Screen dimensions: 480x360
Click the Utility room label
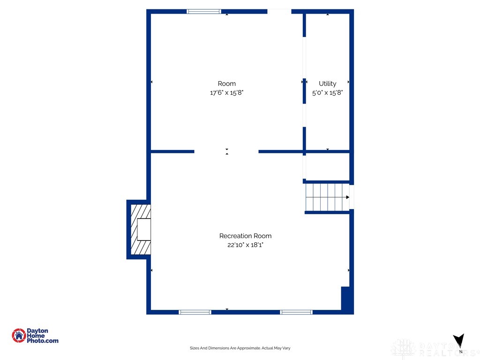(327, 83)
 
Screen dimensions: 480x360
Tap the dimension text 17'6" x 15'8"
(226, 92)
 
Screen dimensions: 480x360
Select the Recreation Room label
(245, 236)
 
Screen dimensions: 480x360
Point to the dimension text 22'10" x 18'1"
(245, 245)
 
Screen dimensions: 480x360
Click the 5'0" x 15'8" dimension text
(327, 92)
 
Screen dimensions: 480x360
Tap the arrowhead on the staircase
(347, 197)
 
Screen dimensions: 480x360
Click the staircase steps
(327, 197)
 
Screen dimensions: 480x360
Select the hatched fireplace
(141, 229)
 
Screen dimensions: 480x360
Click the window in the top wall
(203, 12)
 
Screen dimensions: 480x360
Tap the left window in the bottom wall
(195, 312)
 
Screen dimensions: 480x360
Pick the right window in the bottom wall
(296, 312)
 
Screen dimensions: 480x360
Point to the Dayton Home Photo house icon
(19, 336)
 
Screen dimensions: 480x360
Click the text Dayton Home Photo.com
(42, 336)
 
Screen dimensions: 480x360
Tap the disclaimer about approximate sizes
(240, 348)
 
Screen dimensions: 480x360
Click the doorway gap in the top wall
(279, 12)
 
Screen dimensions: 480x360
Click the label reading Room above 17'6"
(226, 83)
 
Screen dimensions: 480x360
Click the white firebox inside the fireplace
(144, 229)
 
